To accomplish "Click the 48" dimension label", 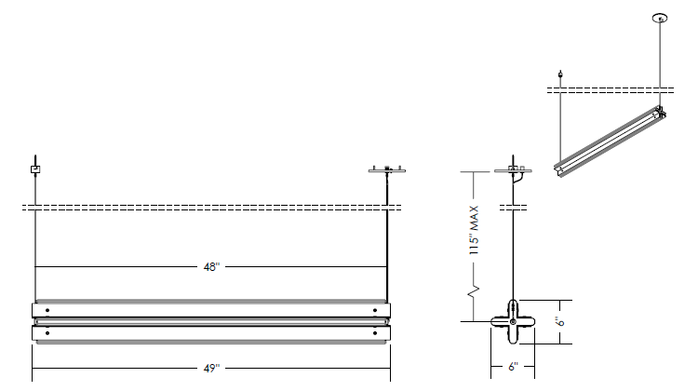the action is pos(211,267).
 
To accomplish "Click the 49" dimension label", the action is pos(211,369).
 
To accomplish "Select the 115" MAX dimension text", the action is pos(474,230).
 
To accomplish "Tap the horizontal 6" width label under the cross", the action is pos(513,367).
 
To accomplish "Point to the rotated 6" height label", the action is pos(560,321).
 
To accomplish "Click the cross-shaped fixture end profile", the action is pos(513,321).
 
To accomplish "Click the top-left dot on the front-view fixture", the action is pos(47,310).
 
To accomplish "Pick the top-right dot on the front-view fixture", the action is pos(375,310).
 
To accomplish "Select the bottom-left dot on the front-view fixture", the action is pos(47,332).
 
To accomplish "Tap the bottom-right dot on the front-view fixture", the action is pos(375,332).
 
